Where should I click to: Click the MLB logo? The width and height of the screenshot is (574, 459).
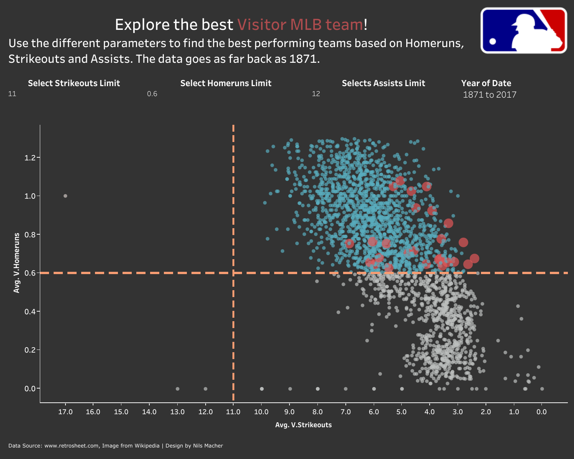[523, 30]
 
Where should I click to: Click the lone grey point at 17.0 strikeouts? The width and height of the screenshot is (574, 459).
[65, 196]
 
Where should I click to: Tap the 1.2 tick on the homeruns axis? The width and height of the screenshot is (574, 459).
[30, 158]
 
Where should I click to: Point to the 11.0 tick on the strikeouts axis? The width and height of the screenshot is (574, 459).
[233, 412]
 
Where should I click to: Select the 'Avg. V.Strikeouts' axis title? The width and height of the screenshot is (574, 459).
[303, 425]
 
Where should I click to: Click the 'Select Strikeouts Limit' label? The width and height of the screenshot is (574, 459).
[74, 83]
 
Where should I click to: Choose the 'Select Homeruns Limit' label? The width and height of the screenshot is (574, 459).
[226, 83]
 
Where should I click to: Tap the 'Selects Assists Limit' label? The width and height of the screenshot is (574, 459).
[383, 83]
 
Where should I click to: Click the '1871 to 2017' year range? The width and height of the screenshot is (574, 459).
[489, 95]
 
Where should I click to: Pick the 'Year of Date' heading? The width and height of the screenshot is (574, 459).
[486, 83]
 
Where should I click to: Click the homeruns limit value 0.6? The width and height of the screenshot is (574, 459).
[152, 94]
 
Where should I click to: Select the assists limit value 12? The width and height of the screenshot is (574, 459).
[316, 94]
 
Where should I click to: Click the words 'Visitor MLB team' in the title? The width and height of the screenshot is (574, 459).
[300, 25]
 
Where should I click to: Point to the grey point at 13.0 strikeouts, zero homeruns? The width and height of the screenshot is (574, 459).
[177, 389]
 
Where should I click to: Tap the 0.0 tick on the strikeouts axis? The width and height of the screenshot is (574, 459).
[541, 412]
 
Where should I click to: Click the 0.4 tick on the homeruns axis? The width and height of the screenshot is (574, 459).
[30, 312]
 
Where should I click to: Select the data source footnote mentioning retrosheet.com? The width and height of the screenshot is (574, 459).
[115, 446]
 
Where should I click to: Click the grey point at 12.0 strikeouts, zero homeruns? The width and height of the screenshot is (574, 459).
[205, 389]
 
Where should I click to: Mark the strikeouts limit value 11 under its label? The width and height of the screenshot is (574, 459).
[12, 94]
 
